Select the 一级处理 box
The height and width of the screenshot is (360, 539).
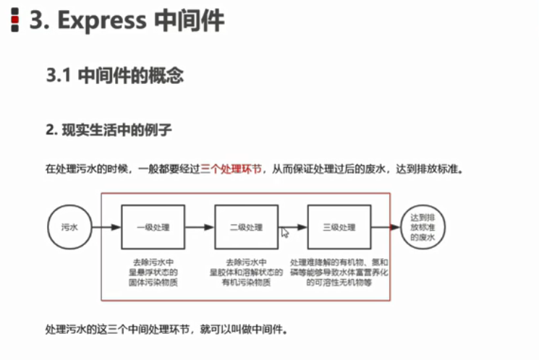pyautogui.click(x=152, y=228)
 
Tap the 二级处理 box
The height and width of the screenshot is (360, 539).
pyautogui.click(x=246, y=228)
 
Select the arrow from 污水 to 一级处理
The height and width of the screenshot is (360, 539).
pyautogui.click(x=105, y=228)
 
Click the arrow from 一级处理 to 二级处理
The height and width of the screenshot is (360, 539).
pyautogui.click(x=199, y=228)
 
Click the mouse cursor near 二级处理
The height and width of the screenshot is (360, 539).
pyautogui.click(x=285, y=233)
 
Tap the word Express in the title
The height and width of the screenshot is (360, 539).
pyautogui.click(x=101, y=20)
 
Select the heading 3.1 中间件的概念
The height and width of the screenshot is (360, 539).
pyautogui.click(x=114, y=75)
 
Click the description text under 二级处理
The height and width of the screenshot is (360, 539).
pyautogui.click(x=246, y=272)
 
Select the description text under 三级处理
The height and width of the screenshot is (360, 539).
pyautogui.click(x=339, y=272)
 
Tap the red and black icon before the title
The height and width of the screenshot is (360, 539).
pyautogui.click(x=14, y=20)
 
